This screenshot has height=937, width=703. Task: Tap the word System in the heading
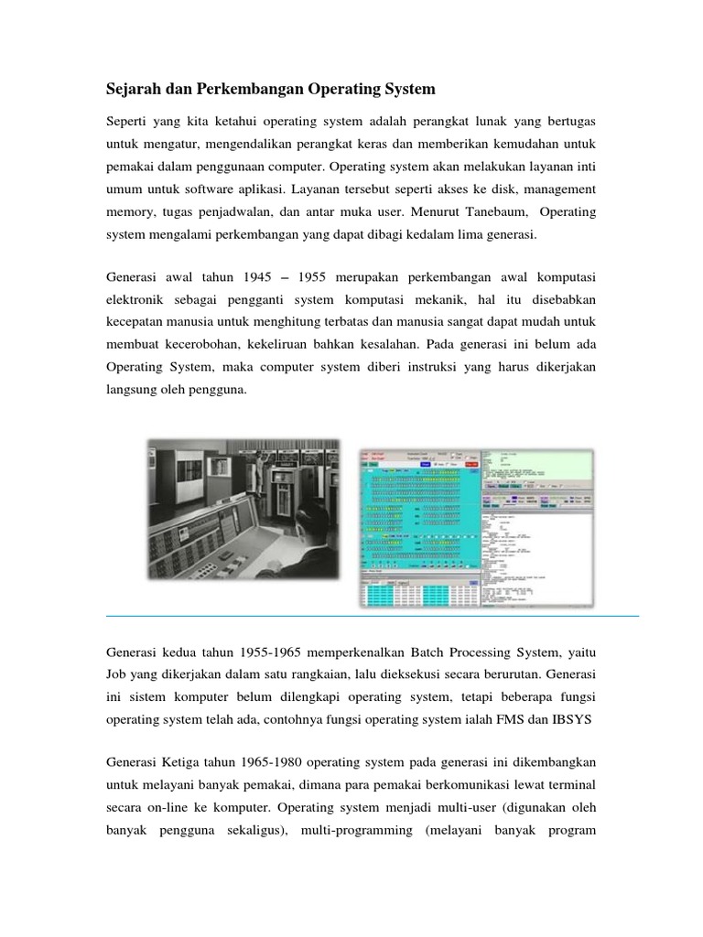click(408, 90)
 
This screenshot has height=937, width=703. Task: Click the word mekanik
click(467, 300)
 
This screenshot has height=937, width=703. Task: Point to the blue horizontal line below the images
click(373, 617)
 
